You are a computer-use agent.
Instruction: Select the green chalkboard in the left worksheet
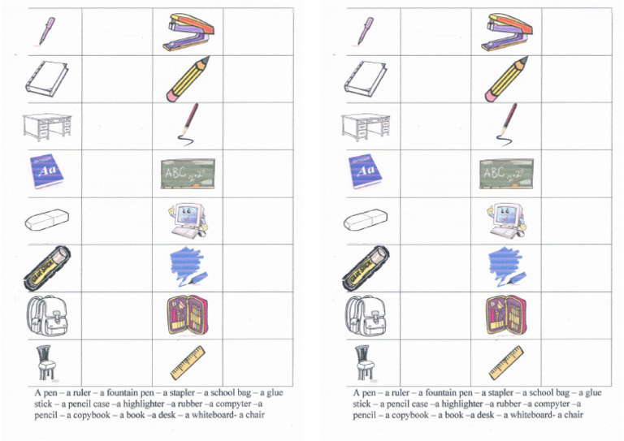point(187,172)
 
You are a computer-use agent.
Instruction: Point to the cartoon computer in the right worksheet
point(509,219)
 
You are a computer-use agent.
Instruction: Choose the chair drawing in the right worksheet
point(362,362)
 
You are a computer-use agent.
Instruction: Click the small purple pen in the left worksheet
point(46,31)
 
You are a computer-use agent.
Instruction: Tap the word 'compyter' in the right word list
point(555,404)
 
